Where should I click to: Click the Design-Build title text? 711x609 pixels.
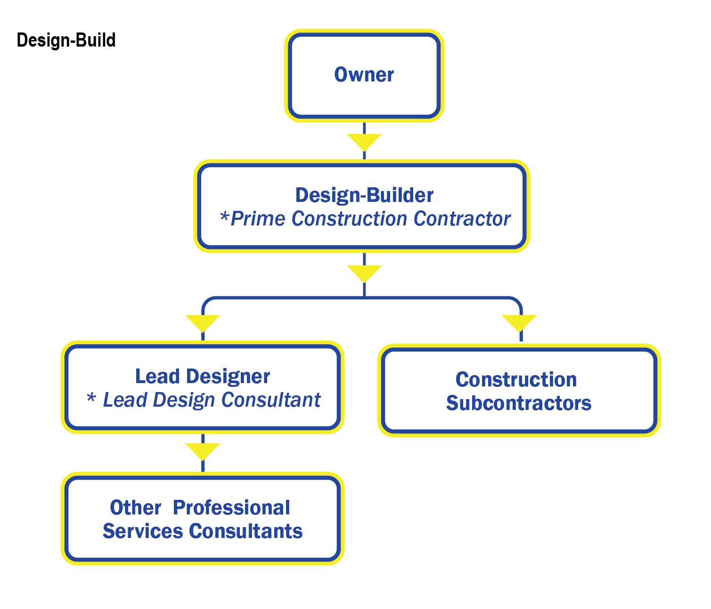click(x=66, y=40)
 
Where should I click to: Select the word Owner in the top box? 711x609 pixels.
click(x=364, y=75)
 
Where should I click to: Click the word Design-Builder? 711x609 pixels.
click(x=364, y=195)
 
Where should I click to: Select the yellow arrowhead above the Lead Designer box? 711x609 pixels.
click(x=203, y=322)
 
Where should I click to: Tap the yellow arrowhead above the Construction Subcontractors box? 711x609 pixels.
click(x=519, y=322)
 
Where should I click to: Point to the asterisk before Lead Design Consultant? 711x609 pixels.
click(x=91, y=398)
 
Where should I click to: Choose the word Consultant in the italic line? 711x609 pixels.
click(x=271, y=400)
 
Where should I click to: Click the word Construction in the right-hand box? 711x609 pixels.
click(x=516, y=380)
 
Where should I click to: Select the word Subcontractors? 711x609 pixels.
click(x=519, y=403)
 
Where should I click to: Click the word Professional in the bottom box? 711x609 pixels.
click(x=231, y=508)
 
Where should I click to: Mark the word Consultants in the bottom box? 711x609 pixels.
click(x=245, y=531)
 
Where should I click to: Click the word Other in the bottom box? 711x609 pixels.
click(x=136, y=508)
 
